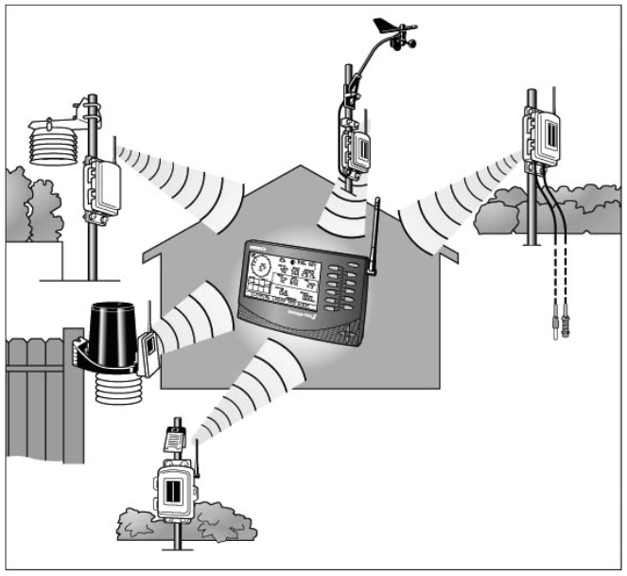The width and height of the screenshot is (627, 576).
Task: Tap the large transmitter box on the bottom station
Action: [174, 493]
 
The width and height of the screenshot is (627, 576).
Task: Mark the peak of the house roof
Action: [301, 168]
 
